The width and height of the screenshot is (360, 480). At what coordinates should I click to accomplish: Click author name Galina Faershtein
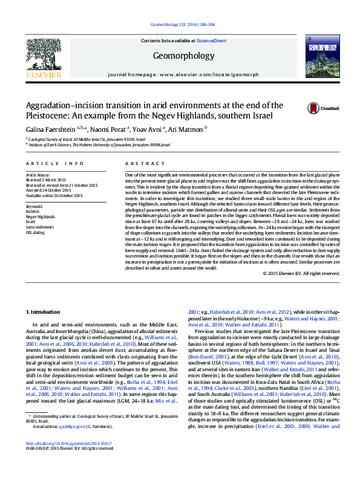tap(51, 128)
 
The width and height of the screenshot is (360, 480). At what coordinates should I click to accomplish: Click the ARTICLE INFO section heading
tap(55, 164)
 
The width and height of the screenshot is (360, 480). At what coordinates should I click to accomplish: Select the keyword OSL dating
tap(36, 232)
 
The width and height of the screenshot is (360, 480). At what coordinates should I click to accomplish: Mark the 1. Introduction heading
tap(46, 312)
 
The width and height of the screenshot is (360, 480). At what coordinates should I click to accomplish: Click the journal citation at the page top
tap(180, 25)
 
